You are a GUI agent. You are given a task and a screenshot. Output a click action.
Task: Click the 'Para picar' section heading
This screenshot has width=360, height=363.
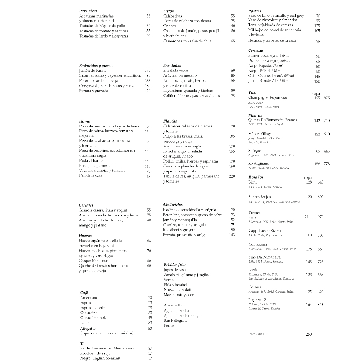[88, 11]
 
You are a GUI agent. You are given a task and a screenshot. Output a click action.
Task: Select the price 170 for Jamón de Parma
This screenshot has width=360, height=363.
[147, 71]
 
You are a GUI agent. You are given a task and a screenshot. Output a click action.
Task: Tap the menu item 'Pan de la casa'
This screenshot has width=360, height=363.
[91, 175]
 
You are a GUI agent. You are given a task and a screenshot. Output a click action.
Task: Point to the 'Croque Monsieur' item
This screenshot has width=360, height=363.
[93, 261]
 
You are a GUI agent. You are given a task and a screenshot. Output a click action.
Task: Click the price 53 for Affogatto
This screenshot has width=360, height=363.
[150, 329]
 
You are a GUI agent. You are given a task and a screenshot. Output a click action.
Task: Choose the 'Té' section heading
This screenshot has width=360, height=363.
[82, 343]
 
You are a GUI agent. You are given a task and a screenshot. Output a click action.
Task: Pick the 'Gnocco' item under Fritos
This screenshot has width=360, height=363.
[170, 26]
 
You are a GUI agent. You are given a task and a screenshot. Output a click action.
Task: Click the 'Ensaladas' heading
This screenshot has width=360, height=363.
[172, 66]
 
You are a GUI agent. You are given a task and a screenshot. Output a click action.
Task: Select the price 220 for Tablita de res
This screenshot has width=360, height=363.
[232, 176]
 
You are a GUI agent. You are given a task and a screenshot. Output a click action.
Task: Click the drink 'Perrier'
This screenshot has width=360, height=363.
[169, 325]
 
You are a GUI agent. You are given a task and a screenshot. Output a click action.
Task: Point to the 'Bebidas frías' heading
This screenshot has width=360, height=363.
[175, 265]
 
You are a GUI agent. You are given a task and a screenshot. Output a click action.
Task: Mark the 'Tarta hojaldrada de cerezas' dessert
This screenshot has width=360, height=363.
[270, 25]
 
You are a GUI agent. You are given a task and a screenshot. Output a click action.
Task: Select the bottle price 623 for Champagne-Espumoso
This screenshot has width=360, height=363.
[326, 98]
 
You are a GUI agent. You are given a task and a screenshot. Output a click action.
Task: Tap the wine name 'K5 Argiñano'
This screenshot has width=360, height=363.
[258, 163]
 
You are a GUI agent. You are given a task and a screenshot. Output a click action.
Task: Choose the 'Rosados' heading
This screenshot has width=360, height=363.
[256, 177]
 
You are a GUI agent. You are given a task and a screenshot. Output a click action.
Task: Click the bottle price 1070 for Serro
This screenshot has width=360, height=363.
[319, 217]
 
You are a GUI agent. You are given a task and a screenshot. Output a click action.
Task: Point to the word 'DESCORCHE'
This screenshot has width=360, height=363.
[258, 334]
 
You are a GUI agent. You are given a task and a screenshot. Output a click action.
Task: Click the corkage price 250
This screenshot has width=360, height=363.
[309, 334]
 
